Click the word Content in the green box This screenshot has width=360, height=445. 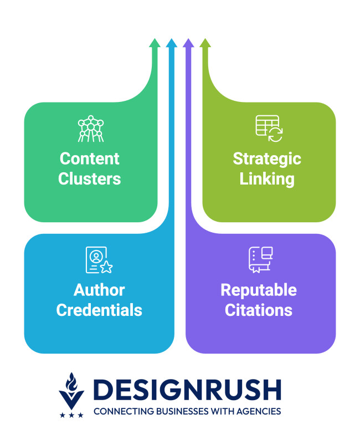tap(90, 159)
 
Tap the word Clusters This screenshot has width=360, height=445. tap(90, 178)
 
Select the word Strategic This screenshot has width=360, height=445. tap(267, 159)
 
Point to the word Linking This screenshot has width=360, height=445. tap(267, 179)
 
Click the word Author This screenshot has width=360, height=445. tap(99, 290)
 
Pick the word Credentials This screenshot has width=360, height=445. tap(99, 309)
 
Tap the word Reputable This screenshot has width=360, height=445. tap(259, 290)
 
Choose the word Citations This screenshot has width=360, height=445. tap(259, 309)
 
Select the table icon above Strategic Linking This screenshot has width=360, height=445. tap(269, 129)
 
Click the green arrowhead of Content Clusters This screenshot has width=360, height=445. tap(155, 43)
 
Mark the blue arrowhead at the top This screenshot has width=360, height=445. tap(172, 43)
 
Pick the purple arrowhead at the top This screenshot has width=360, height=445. tap(188, 43)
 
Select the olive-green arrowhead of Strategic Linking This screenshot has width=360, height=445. tap(205, 43)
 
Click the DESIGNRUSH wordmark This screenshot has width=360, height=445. tap(187, 391)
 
